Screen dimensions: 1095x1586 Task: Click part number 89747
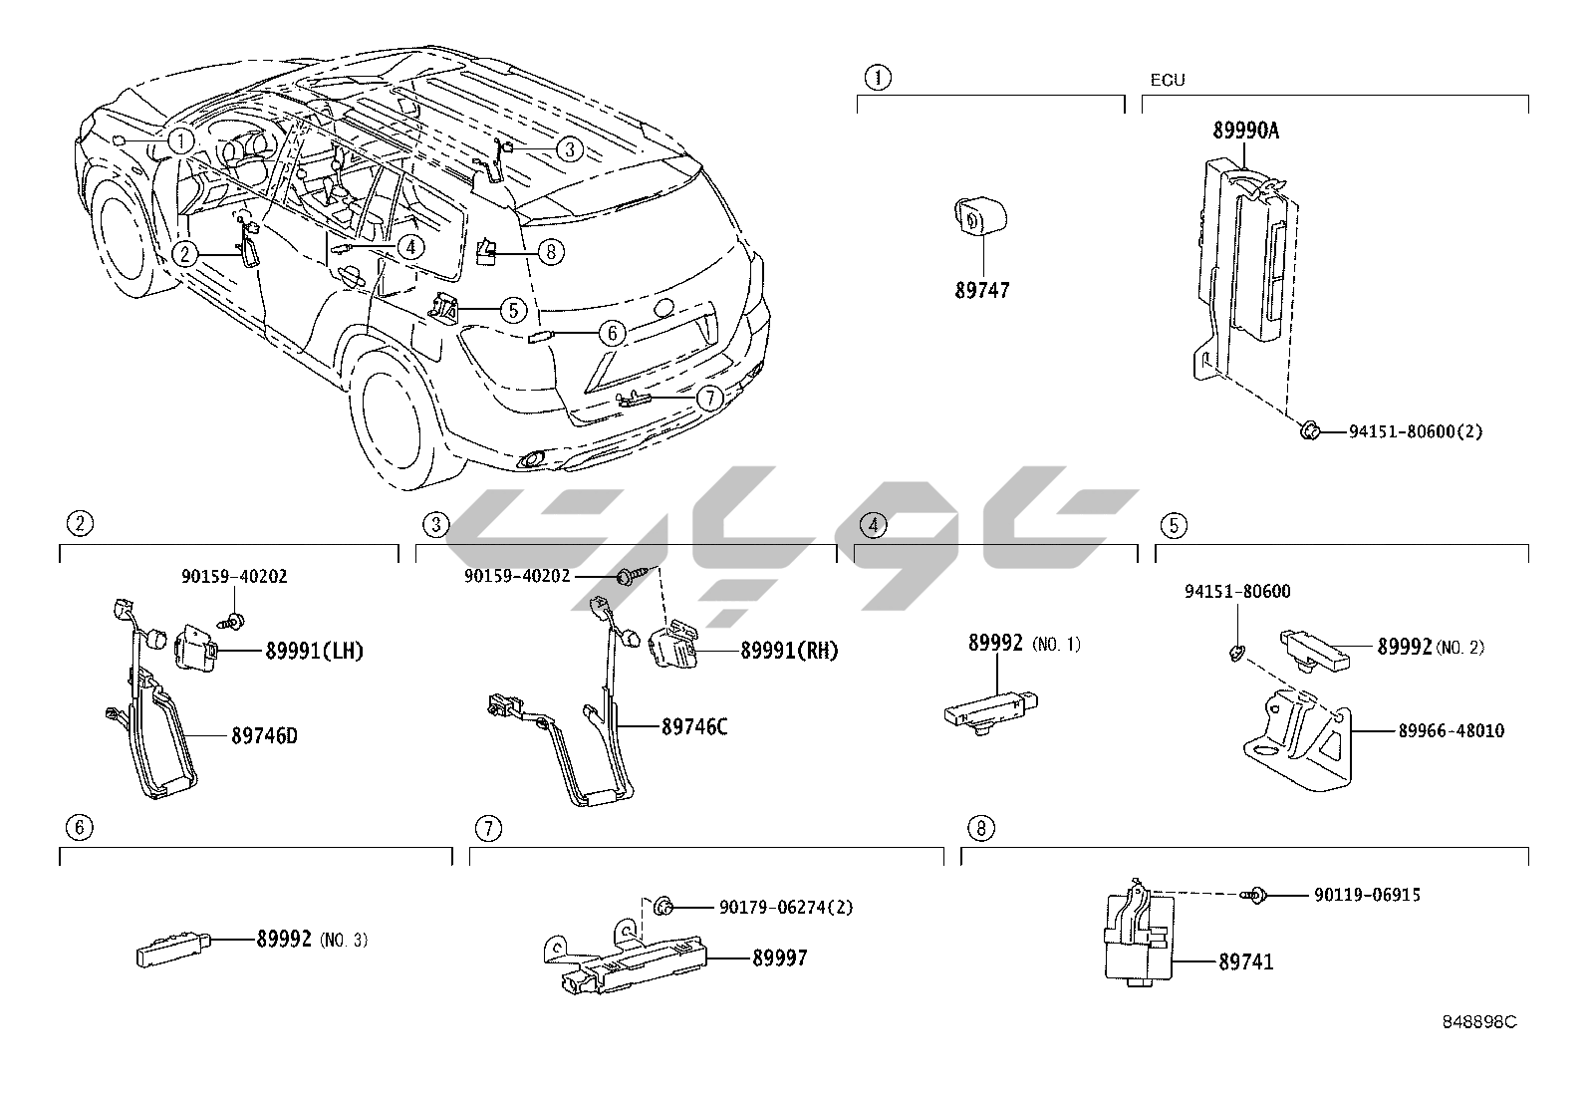click(x=981, y=291)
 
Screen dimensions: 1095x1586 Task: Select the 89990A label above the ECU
click(x=1245, y=131)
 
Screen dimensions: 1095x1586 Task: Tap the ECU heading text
click(x=1168, y=80)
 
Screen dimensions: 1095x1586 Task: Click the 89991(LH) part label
click(x=314, y=652)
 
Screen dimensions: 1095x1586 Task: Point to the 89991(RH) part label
click(x=789, y=652)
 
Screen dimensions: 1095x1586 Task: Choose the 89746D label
click(x=264, y=737)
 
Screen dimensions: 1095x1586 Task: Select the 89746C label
click(x=694, y=727)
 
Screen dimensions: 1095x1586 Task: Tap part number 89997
click(x=779, y=958)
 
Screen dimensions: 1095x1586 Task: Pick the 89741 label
click(x=1245, y=962)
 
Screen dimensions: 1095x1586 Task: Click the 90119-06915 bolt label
click(x=1367, y=896)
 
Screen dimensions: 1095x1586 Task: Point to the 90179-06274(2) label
click(x=786, y=908)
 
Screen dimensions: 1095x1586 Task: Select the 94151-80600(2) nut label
click(x=1416, y=432)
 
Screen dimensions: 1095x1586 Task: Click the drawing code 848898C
click(x=1479, y=1022)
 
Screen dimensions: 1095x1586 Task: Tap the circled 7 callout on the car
click(x=707, y=399)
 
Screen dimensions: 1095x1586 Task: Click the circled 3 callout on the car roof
click(x=568, y=149)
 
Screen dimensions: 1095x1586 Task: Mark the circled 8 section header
click(x=980, y=828)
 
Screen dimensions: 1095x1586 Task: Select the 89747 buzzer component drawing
click(x=978, y=214)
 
